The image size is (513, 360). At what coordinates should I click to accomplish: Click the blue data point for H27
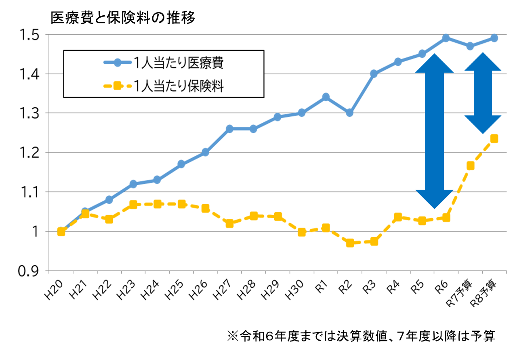pyautogui.click(x=229, y=129)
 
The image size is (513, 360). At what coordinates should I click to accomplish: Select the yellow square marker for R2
pyautogui.click(x=350, y=243)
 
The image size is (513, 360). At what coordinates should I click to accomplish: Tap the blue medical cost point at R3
pyautogui.click(x=374, y=73)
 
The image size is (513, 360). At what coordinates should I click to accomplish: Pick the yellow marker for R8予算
pyautogui.click(x=494, y=138)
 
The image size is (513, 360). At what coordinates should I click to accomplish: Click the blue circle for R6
pyautogui.click(x=446, y=38)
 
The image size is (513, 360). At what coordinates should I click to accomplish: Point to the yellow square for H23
pyautogui.click(x=133, y=205)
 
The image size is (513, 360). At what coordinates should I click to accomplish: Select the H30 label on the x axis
pyautogui.click(x=294, y=290)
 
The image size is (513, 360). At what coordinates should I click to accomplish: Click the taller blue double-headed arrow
pyautogui.click(x=435, y=131)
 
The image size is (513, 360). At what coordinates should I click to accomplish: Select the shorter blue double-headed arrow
pyautogui.click(x=483, y=93)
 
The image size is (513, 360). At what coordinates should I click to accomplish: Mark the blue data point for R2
pyautogui.click(x=350, y=113)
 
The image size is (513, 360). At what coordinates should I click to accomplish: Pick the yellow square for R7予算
pyautogui.click(x=470, y=165)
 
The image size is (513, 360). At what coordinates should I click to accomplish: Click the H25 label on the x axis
pyautogui.click(x=175, y=290)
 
